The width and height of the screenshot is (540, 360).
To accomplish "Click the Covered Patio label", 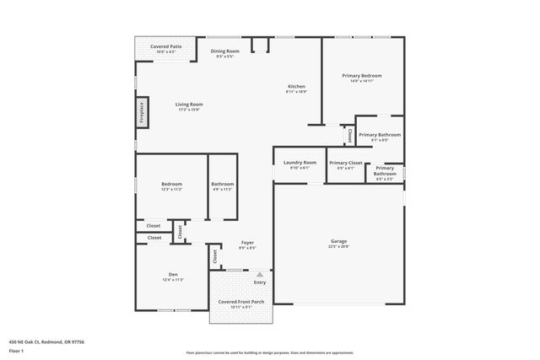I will click(x=165, y=46).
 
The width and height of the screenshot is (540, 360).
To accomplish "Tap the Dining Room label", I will click(x=225, y=51).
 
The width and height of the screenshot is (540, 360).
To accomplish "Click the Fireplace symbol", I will click(x=142, y=112).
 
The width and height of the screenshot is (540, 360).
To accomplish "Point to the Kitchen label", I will click(x=296, y=86).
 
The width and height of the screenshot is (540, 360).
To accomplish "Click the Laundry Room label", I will click(x=300, y=162).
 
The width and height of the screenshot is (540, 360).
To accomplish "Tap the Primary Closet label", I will click(x=345, y=163).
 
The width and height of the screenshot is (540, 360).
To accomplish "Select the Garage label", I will click(x=338, y=242).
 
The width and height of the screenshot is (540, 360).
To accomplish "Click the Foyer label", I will click(x=246, y=243).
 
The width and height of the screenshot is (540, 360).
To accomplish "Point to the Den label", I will click(x=172, y=274).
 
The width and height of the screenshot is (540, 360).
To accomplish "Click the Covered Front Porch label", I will click(x=241, y=301).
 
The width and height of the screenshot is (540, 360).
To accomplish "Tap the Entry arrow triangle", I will click(x=260, y=274).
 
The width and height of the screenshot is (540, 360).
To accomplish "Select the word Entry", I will click(x=260, y=282).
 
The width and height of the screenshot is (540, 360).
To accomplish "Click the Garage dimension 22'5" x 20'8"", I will click(x=338, y=247).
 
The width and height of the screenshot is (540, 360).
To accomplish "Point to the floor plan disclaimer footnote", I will click(x=269, y=353).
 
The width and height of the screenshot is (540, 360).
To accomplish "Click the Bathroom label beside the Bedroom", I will click(x=223, y=184).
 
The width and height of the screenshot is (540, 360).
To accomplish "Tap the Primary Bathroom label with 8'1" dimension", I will click(x=379, y=135).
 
